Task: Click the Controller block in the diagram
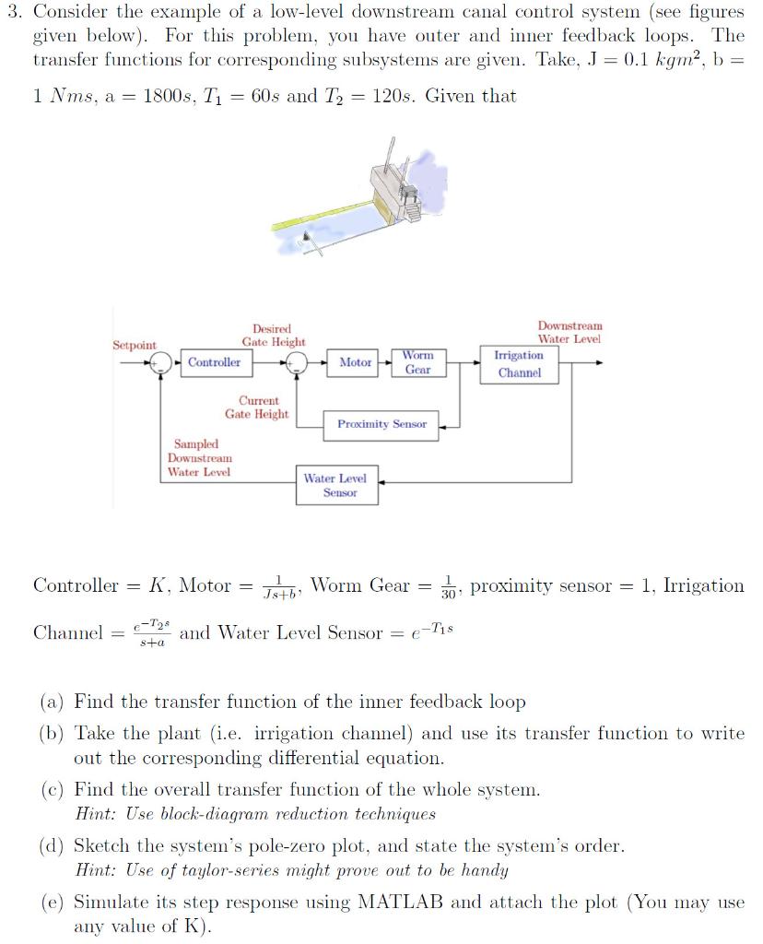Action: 214,362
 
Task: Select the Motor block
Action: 356,362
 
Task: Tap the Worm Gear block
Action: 417,362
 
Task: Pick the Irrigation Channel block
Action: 519,364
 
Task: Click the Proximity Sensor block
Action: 381,424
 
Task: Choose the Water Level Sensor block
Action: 335,486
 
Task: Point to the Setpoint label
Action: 135,345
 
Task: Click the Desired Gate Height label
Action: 274,336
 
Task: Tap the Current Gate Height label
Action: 257,407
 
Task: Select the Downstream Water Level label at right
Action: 569,332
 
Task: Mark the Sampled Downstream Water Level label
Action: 199,458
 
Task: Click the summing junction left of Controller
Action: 162,362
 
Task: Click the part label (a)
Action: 52,702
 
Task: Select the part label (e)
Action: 52,903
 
